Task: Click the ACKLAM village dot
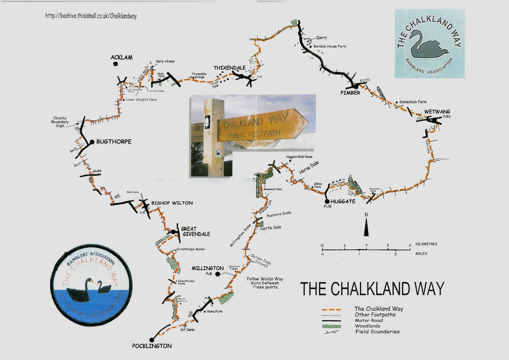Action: pos(115,64)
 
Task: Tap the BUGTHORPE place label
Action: pos(114,142)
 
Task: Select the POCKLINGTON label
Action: pos(152,346)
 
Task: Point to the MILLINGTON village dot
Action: pos(218,274)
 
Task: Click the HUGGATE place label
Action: pos(343,201)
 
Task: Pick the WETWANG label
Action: pos(437,112)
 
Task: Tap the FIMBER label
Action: pos(350,93)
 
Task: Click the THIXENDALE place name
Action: pos(229,68)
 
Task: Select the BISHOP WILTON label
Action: pos(172,203)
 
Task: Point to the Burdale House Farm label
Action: pos(330,46)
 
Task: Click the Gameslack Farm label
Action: pos(413,102)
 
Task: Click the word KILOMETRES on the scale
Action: pos(426,244)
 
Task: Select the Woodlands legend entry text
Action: pos(367,326)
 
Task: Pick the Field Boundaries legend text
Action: pos(377,332)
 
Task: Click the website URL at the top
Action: pos(91,16)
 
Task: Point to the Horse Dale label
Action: pos(309,168)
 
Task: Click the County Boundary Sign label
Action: pos(60,122)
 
